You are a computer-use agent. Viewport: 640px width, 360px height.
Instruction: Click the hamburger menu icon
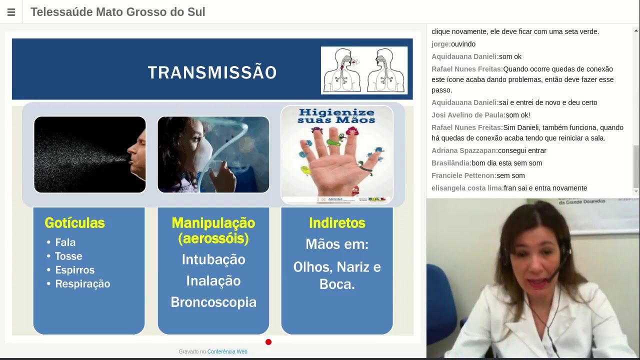pyautogui.click(x=11, y=12)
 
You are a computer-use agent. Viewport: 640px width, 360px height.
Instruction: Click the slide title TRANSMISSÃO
pyautogui.click(x=212, y=72)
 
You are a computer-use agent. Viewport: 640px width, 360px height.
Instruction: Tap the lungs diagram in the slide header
pyautogui.click(x=364, y=70)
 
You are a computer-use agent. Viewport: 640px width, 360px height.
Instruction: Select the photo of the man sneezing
pyautogui.click(x=90, y=154)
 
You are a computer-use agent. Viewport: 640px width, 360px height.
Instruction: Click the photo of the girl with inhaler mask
pyautogui.click(x=213, y=154)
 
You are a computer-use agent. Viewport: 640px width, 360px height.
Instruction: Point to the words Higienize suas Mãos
pyautogui.click(x=336, y=116)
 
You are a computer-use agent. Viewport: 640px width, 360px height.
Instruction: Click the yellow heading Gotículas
pyautogui.click(x=74, y=223)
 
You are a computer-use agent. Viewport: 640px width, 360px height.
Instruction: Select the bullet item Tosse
pyautogui.click(x=68, y=256)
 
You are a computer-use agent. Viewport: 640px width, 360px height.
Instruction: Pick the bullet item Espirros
pyautogui.click(x=74, y=270)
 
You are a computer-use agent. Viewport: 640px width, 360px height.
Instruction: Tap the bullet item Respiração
pyautogui.click(x=82, y=284)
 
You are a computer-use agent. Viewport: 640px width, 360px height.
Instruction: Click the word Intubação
pyautogui.click(x=213, y=259)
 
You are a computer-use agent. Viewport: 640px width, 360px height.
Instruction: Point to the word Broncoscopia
pyautogui.click(x=213, y=302)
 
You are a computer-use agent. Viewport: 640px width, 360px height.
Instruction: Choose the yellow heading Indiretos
pyautogui.click(x=337, y=223)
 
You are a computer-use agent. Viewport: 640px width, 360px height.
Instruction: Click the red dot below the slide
pyautogui.click(x=268, y=342)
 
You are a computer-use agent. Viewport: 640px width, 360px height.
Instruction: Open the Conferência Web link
pyautogui.click(x=227, y=351)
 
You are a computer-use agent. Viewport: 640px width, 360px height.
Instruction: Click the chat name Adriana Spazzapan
pyautogui.click(x=464, y=150)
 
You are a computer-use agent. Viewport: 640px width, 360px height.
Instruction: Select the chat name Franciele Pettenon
pyautogui.click(x=463, y=175)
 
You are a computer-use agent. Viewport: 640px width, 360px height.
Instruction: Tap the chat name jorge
pyautogui.click(x=440, y=44)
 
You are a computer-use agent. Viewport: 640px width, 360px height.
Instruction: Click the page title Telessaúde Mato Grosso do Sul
pyautogui.click(x=118, y=12)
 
